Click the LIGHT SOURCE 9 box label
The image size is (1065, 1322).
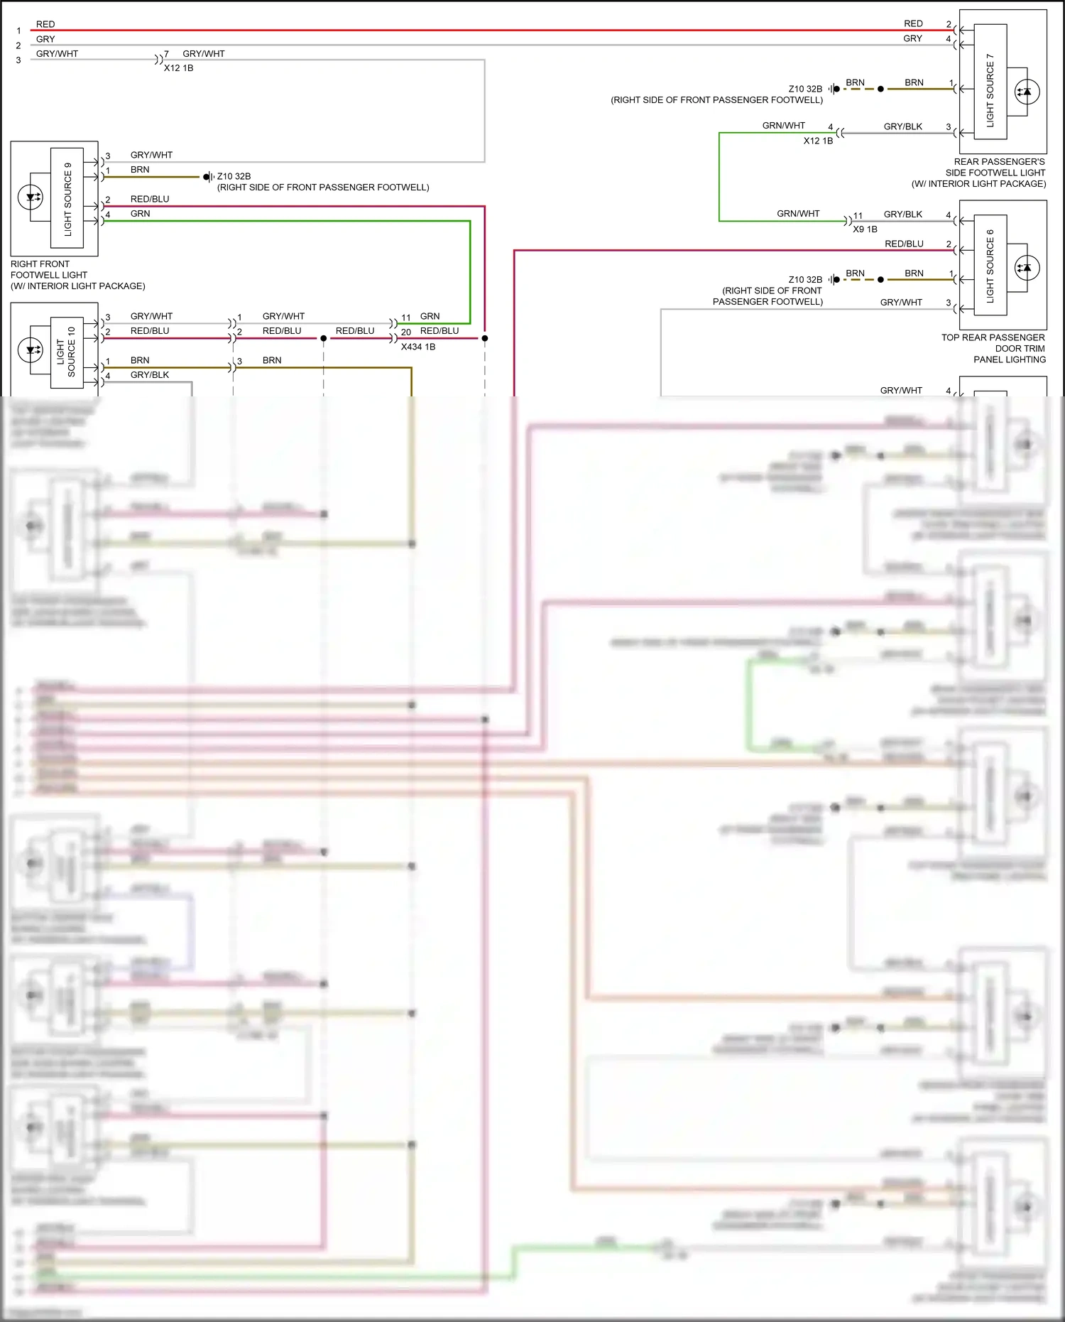pos(68,199)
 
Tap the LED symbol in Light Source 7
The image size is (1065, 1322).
pos(1026,92)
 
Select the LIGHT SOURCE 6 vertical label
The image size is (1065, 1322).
pos(990,266)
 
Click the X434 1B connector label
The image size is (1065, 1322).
pos(417,347)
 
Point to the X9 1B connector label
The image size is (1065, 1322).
pos(865,229)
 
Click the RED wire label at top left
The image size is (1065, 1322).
pos(45,24)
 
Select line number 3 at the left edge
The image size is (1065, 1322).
pos(18,60)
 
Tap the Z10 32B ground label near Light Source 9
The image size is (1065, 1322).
pos(234,176)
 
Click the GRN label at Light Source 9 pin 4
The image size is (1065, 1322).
pos(140,214)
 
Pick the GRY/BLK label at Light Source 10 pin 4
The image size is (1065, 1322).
pos(149,375)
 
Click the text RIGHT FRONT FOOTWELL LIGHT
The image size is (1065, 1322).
pos(49,269)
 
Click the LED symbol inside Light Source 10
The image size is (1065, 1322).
pos(31,350)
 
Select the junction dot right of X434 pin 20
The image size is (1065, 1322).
pos(485,338)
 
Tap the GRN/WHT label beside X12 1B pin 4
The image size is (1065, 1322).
pos(783,126)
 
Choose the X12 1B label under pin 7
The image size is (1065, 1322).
pos(178,68)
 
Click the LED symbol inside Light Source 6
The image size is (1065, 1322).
pos(1025,268)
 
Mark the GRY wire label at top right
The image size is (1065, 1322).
pos(912,38)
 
